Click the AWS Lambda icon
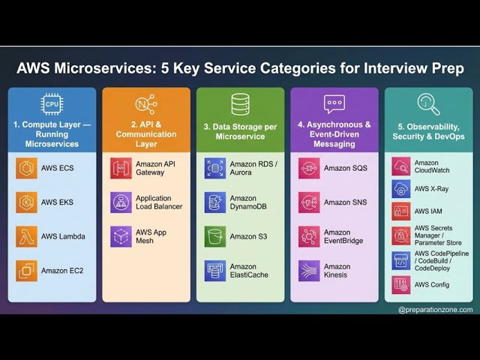(x=27, y=236)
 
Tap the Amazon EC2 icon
(x=27, y=270)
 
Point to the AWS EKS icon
(x=27, y=202)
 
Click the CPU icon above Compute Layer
(x=52, y=103)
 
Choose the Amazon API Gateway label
(x=156, y=169)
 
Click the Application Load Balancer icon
(x=121, y=202)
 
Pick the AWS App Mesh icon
(x=121, y=236)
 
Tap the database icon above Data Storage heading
(x=241, y=103)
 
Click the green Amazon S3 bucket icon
(x=215, y=236)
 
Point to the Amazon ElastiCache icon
(x=215, y=270)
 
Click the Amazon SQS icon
(x=309, y=169)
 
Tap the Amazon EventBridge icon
(x=309, y=236)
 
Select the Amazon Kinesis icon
(x=309, y=270)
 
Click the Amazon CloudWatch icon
(x=401, y=166)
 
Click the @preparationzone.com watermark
(x=435, y=309)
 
